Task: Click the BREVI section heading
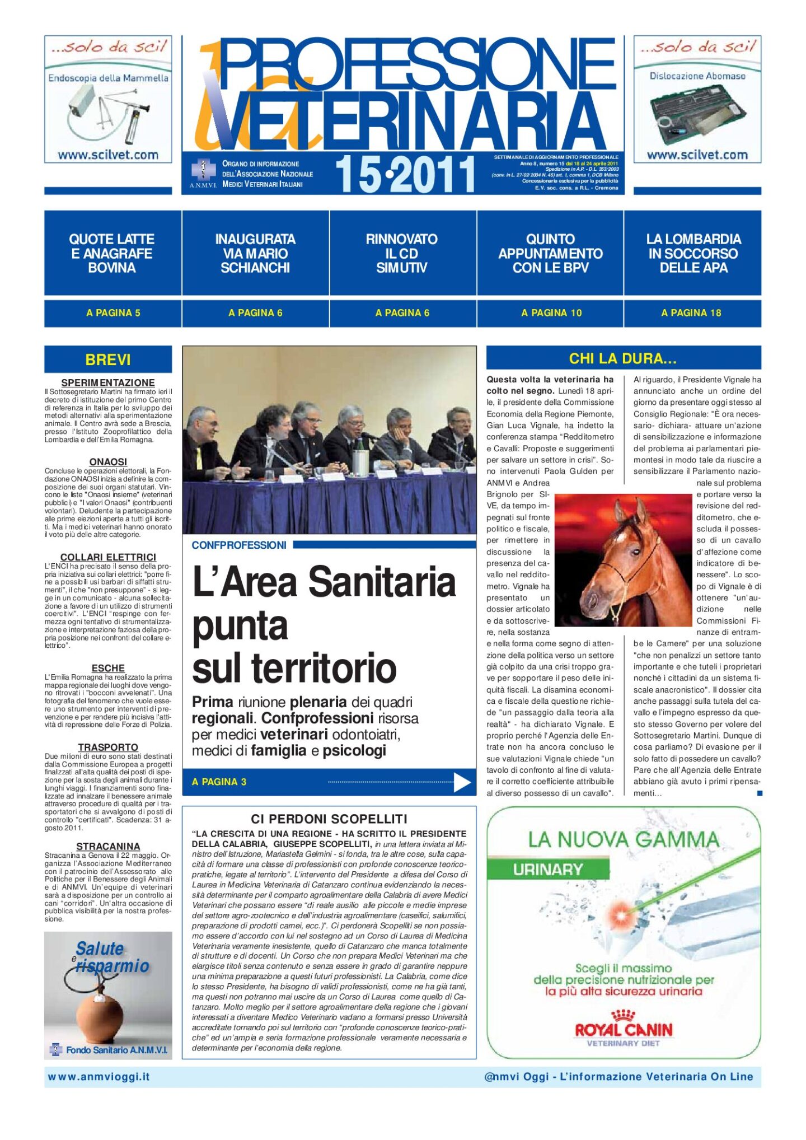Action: (x=108, y=359)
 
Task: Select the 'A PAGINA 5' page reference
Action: (x=113, y=313)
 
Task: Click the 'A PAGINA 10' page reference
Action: (x=551, y=313)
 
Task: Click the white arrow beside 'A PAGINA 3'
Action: (x=462, y=782)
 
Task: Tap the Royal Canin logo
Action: (x=623, y=1029)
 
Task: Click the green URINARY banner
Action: (x=548, y=869)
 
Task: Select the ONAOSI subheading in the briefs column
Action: (x=108, y=462)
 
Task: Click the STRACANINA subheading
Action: (x=108, y=846)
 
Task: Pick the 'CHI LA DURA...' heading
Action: (x=623, y=358)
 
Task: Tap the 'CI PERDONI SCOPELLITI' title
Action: (x=329, y=819)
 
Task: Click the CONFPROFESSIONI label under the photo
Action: (x=239, y=545)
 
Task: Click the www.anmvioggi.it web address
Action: (x=99, y=1077)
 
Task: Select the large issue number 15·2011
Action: (x=405, y=175)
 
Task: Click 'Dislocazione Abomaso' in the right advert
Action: (x=697, y=76)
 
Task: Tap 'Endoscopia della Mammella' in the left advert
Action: (x=108, y=78)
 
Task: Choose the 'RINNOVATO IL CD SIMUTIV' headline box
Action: (x=402, y=254)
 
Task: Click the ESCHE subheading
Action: (x=108, y=668)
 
